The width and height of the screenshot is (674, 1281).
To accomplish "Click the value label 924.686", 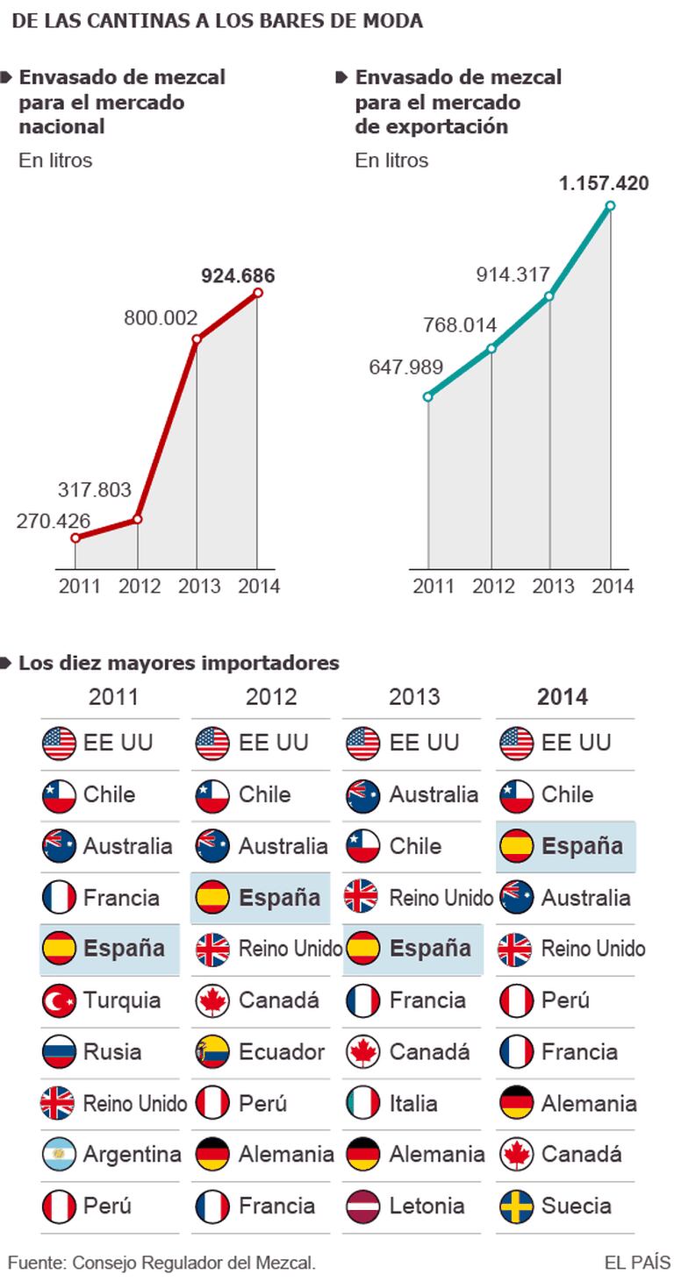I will tap(238, 276).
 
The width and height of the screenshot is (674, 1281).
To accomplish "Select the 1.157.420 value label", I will tap(604, 184).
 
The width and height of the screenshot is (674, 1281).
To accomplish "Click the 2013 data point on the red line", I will tap(197, 339).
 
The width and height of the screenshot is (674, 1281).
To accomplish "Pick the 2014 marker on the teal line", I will tap(610, 206).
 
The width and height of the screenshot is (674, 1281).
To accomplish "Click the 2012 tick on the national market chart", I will tap(140, 586).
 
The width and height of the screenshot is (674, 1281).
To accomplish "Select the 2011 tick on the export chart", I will tap(430, 586).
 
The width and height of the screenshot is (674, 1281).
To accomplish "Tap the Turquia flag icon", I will tap(59, 1000).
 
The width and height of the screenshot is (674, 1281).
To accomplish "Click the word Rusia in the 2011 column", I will tap(112, 1051).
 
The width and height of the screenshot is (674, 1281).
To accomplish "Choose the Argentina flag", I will tap(59, 1155).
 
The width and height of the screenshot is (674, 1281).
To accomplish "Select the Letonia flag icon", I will tap(363, 1206).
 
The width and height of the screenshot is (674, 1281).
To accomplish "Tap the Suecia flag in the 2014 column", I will tap(516, 1206).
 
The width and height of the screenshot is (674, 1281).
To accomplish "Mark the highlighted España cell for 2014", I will tap(566, 846).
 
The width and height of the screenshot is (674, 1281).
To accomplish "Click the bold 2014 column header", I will tap(563, 697).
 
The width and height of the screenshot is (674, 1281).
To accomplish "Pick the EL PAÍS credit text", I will tap(637, 1263).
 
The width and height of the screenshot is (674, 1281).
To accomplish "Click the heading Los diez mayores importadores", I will tap(179, 663).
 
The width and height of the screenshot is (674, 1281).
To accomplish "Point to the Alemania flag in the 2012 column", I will tap(212, 1155).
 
